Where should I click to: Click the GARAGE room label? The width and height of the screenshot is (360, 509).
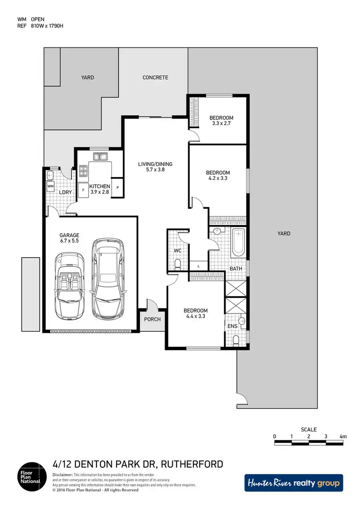69,235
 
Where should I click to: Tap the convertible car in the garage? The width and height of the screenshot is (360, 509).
70,287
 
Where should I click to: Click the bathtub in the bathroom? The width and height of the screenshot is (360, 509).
238,243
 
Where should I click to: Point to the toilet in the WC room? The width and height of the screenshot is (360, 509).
178,263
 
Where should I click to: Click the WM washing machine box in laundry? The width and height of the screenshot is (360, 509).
50,185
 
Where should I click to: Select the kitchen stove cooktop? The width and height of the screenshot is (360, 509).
83,170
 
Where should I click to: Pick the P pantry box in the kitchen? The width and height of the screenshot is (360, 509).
118,187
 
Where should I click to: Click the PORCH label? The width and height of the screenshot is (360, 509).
153,320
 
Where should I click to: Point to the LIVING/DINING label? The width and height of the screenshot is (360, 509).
155,164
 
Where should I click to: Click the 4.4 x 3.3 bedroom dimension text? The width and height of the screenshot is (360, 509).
196,317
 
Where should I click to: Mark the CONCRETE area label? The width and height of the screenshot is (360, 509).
155,77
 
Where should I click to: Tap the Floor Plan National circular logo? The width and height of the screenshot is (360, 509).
32,476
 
